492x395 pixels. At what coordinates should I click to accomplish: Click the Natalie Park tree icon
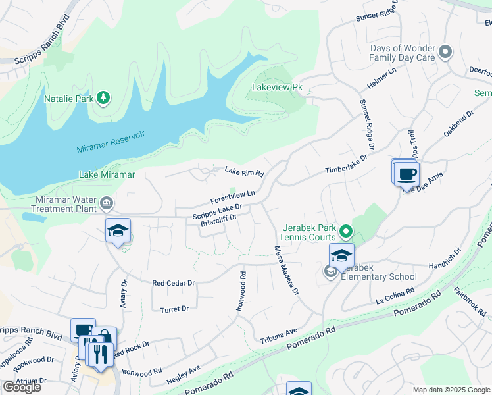tap(103, 99)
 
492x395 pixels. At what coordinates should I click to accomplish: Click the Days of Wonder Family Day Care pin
tap(446, 52)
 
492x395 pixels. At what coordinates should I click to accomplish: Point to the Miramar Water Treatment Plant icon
tap(107, 201)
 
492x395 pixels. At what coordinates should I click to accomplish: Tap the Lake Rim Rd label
tap(244, 172)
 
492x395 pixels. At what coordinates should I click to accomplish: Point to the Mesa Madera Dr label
tap(286, 270)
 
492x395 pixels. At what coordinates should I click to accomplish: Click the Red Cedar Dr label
tap(174, 283)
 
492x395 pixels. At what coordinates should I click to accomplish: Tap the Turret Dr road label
tap(174, 309)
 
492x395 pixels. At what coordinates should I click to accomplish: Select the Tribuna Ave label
tap(279, 335)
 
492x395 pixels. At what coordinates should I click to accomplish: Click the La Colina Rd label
tap(395, 295)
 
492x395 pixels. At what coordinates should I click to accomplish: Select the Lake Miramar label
tap(107, 174)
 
